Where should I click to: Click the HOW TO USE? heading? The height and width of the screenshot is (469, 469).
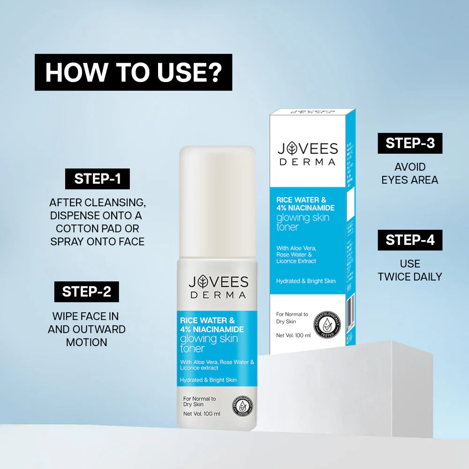click(133, 72)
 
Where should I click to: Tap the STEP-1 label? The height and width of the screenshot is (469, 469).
click(97, 179)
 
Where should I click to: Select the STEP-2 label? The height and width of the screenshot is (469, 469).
click(87, 291)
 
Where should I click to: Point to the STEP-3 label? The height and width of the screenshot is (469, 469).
click(410, 143)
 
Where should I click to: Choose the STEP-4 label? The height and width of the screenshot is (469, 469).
click(410, 240)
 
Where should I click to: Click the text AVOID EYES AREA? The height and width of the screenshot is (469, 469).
click(410, 174)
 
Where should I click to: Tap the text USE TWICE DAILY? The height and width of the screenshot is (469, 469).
click(410, 270)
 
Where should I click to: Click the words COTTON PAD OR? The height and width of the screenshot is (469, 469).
click(98, 229)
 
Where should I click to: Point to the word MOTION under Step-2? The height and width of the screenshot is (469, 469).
click(87, 342)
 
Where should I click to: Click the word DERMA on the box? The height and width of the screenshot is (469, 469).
click(307, 162)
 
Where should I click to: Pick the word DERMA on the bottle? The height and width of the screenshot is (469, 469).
click(218, 295)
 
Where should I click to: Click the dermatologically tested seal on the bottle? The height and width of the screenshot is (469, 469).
click(243, 405)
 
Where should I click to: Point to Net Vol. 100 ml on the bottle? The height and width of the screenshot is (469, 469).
click(202, 414)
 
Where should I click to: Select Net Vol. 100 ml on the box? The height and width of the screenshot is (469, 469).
click(293, 335)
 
